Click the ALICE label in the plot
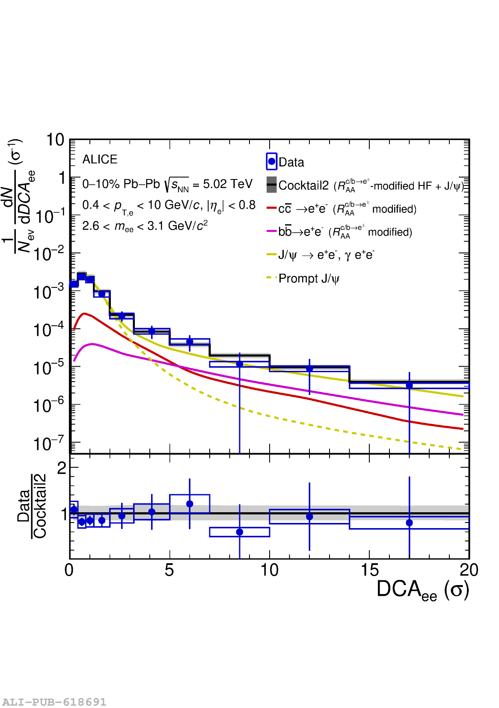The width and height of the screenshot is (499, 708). (100, 159)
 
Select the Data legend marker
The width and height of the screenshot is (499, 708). (272, 161)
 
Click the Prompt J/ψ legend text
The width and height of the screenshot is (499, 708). (309, 279)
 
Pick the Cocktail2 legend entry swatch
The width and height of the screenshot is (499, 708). (272, 185)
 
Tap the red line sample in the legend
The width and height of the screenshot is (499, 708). (272, 208)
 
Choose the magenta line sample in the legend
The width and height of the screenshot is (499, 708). (272, 231)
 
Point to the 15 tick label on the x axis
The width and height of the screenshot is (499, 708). (369, 570)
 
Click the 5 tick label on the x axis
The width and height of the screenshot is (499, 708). (169, 570)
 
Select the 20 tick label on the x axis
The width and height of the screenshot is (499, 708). (469, 570)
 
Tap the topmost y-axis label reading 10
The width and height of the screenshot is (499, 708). (55, 140)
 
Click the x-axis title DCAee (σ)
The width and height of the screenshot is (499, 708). (422, 590)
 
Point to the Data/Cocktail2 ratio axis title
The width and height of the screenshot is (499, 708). (32, 506)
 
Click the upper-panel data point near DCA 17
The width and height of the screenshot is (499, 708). (409, 385)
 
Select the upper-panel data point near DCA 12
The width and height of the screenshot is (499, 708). (309, 368)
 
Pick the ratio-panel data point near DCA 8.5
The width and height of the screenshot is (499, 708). (240, 532)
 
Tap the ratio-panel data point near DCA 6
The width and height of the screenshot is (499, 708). (190, 504)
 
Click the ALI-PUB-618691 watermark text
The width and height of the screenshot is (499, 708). (54, 702)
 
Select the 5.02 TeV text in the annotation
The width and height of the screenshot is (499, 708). (228, 184)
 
